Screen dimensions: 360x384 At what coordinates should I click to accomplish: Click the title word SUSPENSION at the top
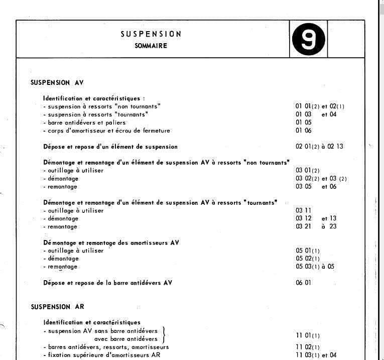[x=151, y=34]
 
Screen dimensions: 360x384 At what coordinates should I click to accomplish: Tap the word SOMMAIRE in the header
[x=151, y=46]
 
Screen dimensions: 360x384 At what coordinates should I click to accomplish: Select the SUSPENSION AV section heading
[x=57, y=83]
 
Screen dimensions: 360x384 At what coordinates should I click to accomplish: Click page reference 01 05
[x=304, y=123]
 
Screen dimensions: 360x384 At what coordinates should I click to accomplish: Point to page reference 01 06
[x=304, y=131]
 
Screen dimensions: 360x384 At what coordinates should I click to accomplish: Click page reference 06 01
[x=304, y=283]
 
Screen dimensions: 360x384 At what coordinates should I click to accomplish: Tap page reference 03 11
[x=304, y=211]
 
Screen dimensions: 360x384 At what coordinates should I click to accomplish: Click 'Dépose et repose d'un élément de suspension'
[x=110, y=147]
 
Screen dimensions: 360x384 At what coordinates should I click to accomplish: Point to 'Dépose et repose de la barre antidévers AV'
[x=108, y=283]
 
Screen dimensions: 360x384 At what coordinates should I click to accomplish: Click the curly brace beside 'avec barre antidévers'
[x=164, y=335]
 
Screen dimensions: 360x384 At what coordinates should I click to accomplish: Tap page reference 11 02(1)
[x=308, y=347]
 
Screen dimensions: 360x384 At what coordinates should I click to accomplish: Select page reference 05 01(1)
[x=308, y=251]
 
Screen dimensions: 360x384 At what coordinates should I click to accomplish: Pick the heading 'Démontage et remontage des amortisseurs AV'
[x=111, y=243]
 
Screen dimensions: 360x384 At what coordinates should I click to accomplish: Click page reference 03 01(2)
[x=308, y=171]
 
